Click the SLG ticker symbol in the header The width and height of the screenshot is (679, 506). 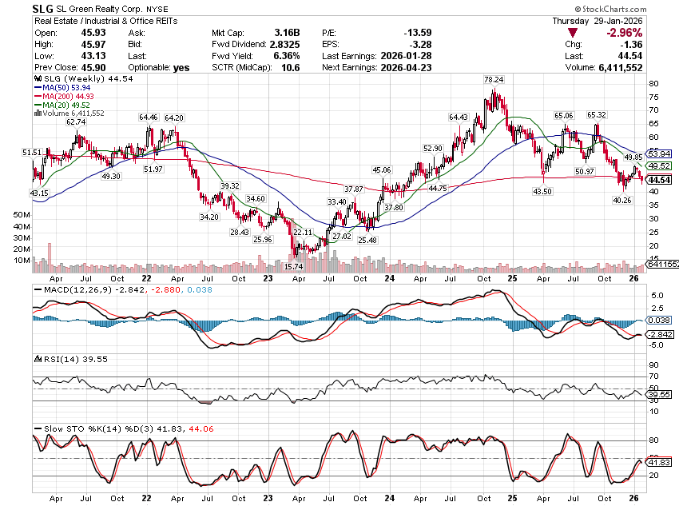[x=43, y=7]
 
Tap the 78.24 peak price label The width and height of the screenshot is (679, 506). [x=493, y=80]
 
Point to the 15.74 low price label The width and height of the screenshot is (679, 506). [x=294, y=266]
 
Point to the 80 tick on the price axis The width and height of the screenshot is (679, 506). [x=653, y=83]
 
